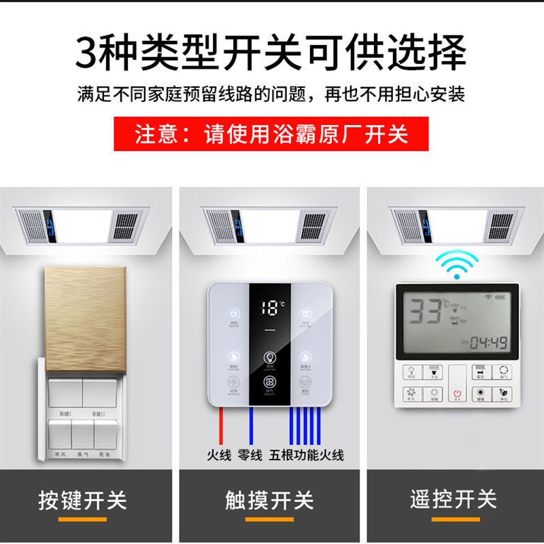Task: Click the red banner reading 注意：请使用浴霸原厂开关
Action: click(x=271, y=135)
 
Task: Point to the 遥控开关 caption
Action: click(x=454, y=501)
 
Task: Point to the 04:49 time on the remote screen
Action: click(x=488, y=342)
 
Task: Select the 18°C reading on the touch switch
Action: click(x=271, y=309)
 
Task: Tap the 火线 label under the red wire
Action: click(x=220, y=454)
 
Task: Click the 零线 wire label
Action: click(x=250, y=454)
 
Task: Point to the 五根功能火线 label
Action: click(x=306, y=454)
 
